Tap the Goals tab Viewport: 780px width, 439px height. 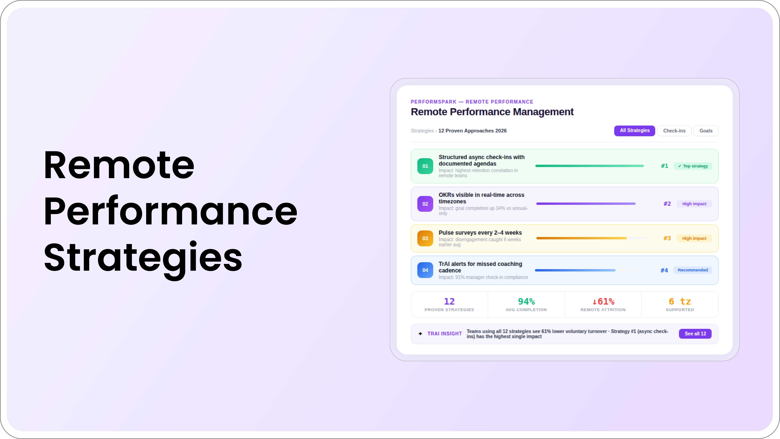point(706,131)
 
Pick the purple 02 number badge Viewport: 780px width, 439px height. point(425,204)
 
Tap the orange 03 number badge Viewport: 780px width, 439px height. point(425,238)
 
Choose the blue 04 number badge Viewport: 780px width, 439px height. point(425,270)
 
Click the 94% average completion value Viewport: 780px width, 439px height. point(526,302)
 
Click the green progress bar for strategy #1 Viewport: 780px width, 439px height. point(589,166)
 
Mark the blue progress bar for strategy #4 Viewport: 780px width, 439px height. point(575,270)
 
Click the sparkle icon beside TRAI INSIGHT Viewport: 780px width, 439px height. point(420,334)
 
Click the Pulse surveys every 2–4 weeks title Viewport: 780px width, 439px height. point(480,233)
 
